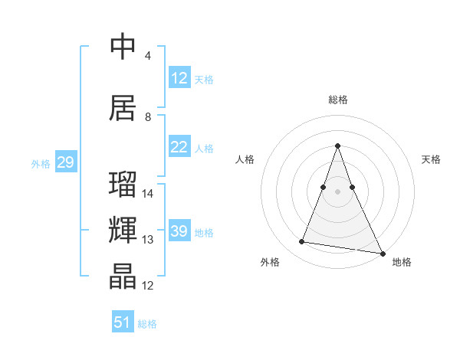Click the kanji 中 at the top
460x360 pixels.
coord(123,47)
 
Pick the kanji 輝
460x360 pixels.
coord(123,230)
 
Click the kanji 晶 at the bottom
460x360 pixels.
coord(123,277)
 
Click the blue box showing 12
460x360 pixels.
coord(179,78)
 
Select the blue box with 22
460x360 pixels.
coord(179,147)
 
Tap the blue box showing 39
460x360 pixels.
coord(179,231)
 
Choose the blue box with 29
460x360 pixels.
coord(65,162)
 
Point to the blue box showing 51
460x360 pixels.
coord(123,322)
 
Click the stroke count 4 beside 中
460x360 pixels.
coord(148,56)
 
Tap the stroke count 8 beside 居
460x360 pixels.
coord(148,117)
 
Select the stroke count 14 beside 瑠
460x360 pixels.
coord(148,194)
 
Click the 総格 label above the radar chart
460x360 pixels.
coord(337,100)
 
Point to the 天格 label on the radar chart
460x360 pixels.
coord(431,159)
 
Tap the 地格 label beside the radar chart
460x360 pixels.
coord(402,262)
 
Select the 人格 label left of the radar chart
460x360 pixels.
coord(245,159)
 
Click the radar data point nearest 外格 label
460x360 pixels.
coord(302,242)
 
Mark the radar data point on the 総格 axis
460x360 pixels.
coord(337,146)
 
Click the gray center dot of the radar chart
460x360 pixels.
coord(337,191)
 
